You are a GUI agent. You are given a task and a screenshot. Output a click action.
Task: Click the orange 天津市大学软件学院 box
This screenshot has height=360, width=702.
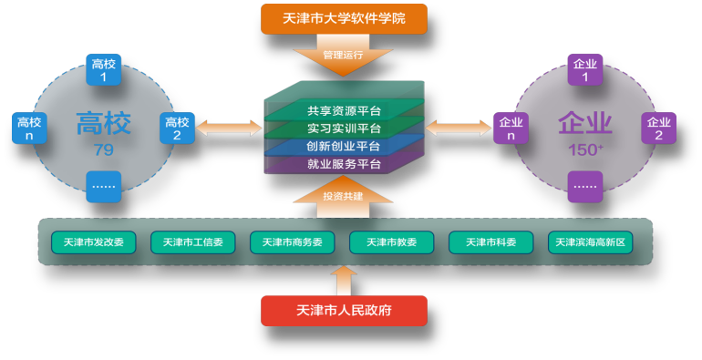pyautogui.click(x=344, y=19)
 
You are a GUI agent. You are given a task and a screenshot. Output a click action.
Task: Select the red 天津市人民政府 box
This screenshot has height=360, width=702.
pyautogui.click(x=344, y=311)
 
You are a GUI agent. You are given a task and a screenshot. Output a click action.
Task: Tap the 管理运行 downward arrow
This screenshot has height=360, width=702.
pyautogui.click(x=343, y=55)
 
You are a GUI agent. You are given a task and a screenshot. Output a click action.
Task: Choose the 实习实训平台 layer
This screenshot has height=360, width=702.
pyautogui.click(x=343, y=129)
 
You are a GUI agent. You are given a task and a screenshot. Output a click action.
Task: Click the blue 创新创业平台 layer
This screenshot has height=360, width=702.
pyautogui.click(x=343, y=146)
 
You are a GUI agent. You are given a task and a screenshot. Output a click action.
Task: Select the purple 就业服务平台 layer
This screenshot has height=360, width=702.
pyautogui.click(x=343, y=165)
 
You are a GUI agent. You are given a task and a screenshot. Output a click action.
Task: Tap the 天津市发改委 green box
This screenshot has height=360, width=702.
pyautogui.click(x=93, y=242)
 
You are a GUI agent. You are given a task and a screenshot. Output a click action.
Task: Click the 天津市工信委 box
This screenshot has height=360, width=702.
pyautogui.click(x=192, y=242)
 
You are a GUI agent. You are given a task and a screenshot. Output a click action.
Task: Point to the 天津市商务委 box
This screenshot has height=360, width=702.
pyautogui.click(x=292, y=242)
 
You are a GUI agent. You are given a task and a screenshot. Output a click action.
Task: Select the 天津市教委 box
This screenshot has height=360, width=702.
pyautogui.click(x=391, y=242)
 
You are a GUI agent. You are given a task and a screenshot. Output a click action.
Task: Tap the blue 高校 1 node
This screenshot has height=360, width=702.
pyautogui.click(x=103, y=70)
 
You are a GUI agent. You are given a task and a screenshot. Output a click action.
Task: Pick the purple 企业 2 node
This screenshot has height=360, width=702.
pyautogui.click(x=658, y=129)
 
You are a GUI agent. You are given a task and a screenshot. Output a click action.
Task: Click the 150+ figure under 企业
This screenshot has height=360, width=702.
pyautogui.click(x=584, y=149)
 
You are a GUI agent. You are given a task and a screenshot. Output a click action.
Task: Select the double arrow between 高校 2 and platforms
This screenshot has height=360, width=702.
pyautogui.click(x=228, y=128)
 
